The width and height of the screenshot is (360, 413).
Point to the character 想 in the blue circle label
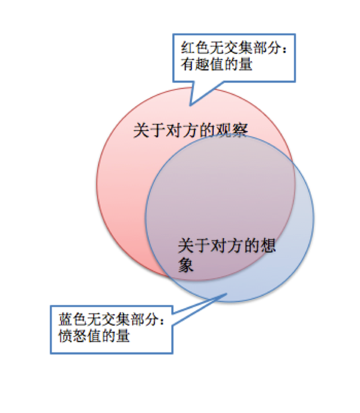point(268,245)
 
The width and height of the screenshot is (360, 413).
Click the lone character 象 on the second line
point(186,264)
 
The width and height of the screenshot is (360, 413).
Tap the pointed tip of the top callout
point(190,105)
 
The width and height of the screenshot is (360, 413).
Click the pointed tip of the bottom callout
point(227,294)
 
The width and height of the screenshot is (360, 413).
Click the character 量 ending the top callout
point(245,65)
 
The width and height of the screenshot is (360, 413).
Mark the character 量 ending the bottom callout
point(122,336)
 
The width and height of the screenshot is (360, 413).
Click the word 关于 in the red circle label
point(149,130)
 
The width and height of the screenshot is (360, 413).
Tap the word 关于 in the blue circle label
point(194,245)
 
